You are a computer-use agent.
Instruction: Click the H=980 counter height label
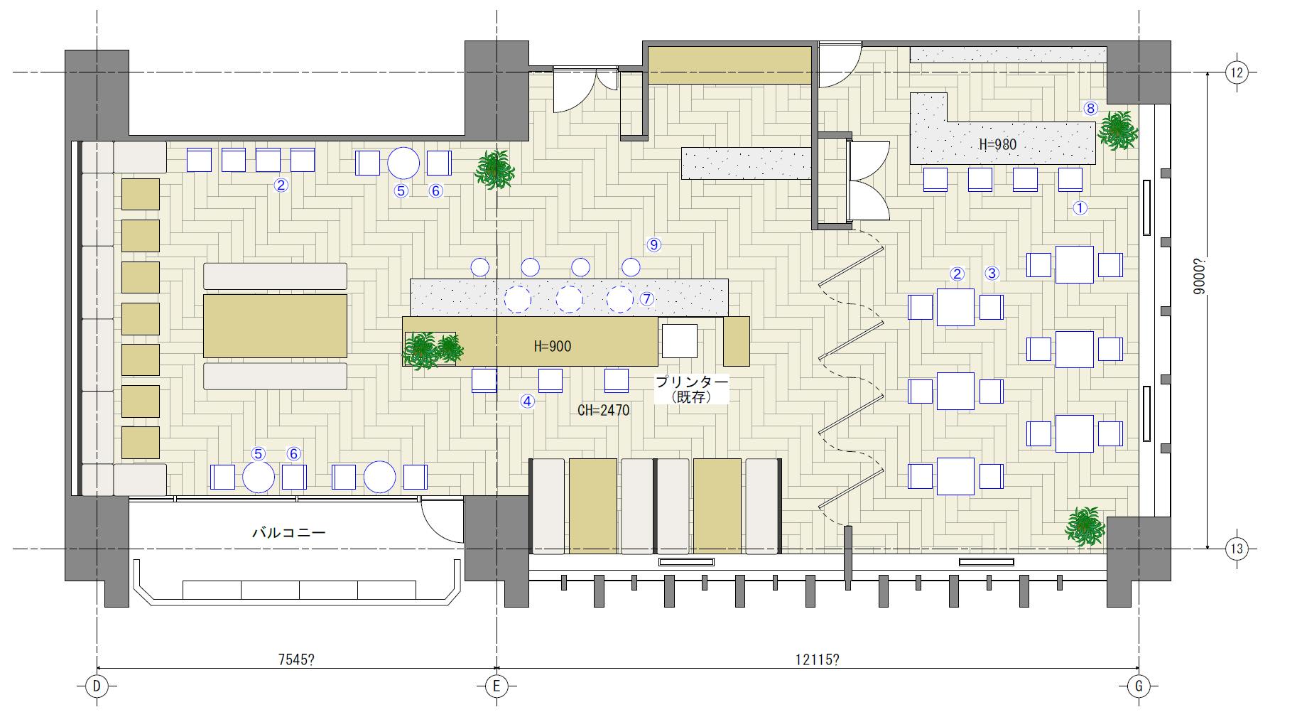coord(997,145)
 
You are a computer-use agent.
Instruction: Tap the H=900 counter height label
coord(552,347)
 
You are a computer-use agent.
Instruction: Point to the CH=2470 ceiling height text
coord(603,411)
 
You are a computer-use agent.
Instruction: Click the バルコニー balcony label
coord(289,532)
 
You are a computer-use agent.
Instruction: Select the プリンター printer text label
coord(692,382)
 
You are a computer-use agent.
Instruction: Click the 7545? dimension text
coord(295,659)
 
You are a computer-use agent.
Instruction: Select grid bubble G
coord(1139,686)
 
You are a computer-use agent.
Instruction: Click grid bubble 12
coord(1237,72)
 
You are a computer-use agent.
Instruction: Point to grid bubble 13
coord(1237,549)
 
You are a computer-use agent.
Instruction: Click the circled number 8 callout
coord(1090,109)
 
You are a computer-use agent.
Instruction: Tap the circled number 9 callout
coord(653,244)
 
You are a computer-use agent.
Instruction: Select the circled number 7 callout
coord(646,299)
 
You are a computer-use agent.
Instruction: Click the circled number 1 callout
coord(1079,208)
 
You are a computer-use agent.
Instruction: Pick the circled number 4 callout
coord(527,401)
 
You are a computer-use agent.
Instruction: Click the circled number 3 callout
coord(992,273)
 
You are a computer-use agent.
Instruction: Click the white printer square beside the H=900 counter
coord(680,340)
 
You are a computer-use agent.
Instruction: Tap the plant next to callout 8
coord(1118,131)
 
